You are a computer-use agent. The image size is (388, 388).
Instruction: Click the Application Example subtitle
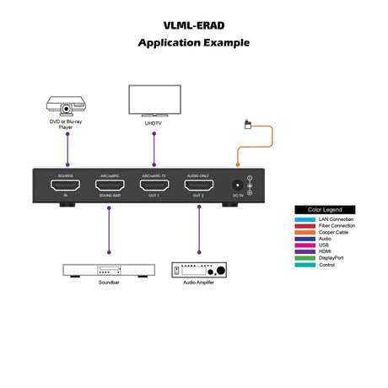pos(194,42)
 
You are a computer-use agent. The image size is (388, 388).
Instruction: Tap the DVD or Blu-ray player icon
pos(67,107)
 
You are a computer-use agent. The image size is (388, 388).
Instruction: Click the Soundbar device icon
pos(109,270)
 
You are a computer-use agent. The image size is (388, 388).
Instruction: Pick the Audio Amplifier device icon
pos(199,270)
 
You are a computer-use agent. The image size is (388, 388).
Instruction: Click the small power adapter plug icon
pos(245,125)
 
